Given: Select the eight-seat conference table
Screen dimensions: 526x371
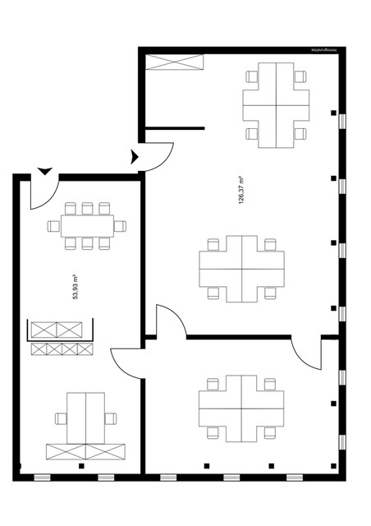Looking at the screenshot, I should click(x=86, y=225).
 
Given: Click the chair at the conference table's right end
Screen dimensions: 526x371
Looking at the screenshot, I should click(x=120, y=226).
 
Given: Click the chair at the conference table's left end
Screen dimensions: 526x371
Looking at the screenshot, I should click(x=53, y=226).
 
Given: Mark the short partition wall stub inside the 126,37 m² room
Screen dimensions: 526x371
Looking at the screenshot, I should click(x=175, y=128).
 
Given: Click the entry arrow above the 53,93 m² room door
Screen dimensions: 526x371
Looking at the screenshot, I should click(x=44, y=171).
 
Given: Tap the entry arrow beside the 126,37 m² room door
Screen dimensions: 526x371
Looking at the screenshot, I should click(x=132, y=156).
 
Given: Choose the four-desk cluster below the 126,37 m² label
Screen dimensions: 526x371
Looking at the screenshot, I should click(x=242, y=267).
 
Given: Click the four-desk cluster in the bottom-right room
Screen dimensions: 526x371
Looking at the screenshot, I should click(x=242, y=407).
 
